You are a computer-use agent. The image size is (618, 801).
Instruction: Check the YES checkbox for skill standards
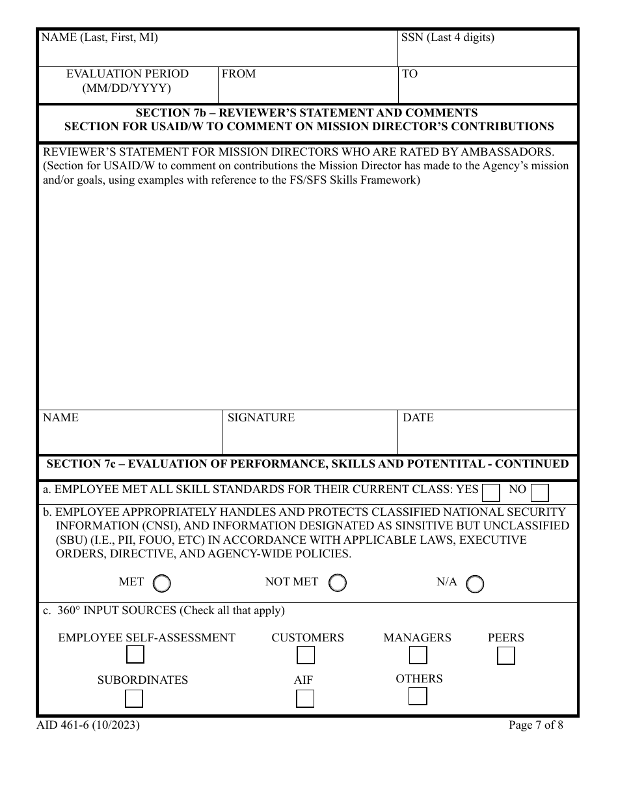[492, 492]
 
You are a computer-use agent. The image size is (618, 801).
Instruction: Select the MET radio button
[161, 583]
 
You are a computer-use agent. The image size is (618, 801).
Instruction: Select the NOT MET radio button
[337, 583]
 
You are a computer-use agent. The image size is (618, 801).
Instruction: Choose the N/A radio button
[475, 583]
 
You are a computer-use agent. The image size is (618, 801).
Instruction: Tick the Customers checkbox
[306, 655]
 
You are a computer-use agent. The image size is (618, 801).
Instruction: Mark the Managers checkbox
[418, 655]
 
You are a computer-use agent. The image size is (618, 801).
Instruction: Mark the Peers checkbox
[505, 656]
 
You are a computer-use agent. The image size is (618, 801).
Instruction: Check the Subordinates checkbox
[134, 699]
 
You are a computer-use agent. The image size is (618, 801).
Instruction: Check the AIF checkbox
[304, 699]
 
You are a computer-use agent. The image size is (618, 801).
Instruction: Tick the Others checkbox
[418, 696]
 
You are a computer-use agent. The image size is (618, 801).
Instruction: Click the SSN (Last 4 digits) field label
[448, 38]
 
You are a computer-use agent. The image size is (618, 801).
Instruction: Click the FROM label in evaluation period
[239, 74]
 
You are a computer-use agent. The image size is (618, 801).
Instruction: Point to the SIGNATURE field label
[261, 418]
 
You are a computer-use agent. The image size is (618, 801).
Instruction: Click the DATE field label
[418, 418]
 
